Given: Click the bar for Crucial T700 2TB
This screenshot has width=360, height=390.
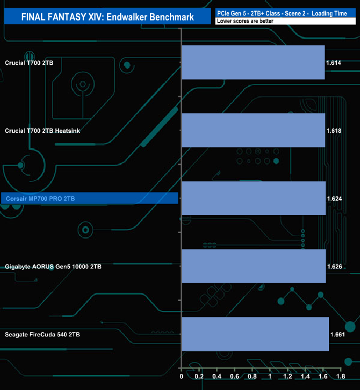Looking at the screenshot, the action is [254, 63].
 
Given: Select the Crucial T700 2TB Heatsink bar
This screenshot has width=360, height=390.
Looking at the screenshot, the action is [254, 131].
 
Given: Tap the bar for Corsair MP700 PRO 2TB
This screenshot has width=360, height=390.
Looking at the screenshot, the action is [254, 198].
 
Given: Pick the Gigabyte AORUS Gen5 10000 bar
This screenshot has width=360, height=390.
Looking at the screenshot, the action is [254, 266].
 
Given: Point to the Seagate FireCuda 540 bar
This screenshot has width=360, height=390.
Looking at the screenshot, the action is [255, 334].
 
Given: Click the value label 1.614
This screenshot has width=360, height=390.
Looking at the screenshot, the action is [333, 63].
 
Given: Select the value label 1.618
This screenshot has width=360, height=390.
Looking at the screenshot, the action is [334, 131].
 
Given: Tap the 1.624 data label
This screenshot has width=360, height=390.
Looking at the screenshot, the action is [335, 199].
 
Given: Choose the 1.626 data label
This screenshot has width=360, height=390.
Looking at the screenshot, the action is [335, 267].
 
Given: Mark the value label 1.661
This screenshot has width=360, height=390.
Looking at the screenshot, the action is [338, 335].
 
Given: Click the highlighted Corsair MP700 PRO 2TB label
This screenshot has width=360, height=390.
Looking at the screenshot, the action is [40, 199].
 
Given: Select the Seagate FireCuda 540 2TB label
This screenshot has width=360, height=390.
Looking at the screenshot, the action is [42, 335].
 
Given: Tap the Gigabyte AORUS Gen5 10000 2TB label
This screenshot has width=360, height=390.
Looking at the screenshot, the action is [53, 267].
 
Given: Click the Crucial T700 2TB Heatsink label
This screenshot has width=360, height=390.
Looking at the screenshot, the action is [42, 131].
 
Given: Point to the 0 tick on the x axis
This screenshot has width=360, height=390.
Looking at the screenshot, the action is [181, 376].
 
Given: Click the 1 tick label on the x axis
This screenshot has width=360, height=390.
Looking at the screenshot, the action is [270, 376].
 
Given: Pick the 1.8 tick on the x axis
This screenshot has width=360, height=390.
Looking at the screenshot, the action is [341, 376].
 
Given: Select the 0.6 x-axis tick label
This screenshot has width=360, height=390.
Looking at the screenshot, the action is [234, 376].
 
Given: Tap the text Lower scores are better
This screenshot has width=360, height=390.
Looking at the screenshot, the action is [245, 21].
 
